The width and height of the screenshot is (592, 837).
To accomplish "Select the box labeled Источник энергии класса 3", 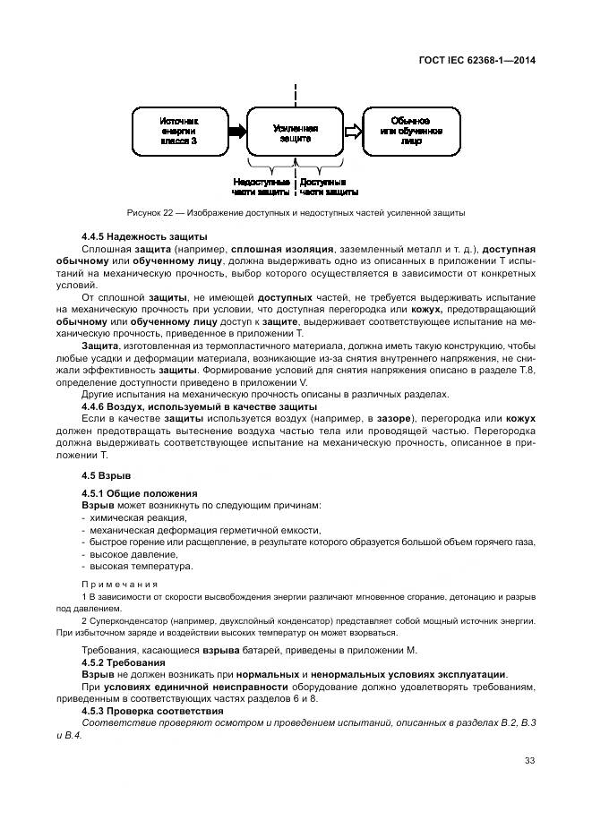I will coord(178,131).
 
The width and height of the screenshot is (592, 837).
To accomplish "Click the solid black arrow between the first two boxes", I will coord(236,132).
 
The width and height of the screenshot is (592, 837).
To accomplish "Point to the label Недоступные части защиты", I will coord(261,186).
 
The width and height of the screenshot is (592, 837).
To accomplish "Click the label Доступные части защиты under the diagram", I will coord(329,186).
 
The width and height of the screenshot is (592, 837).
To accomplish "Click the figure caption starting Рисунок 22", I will coord(296,213).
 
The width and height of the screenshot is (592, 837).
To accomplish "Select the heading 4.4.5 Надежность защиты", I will coord(132,235).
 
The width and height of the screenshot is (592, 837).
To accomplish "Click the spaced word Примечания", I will coord(120,584).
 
